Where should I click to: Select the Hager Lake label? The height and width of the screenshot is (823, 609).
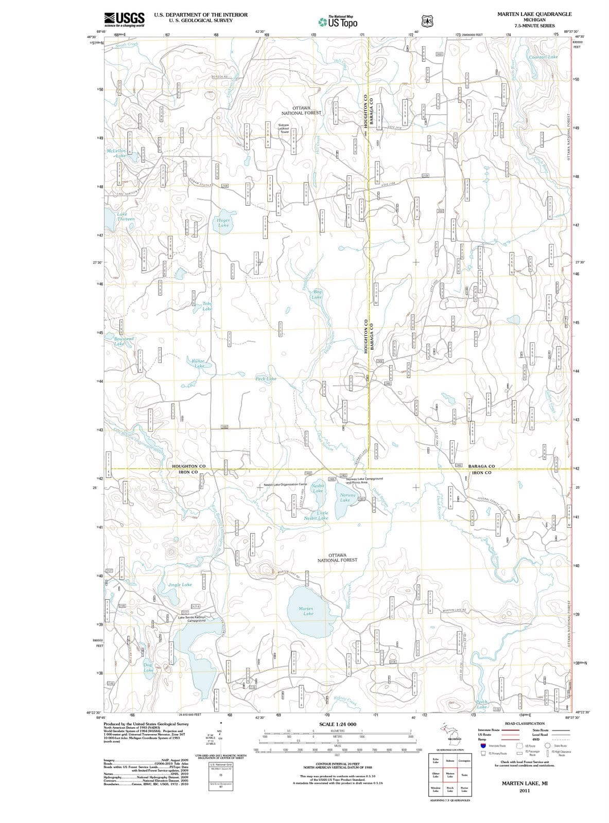[x=223, y=222]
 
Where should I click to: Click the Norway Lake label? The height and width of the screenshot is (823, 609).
[x=345, y=497]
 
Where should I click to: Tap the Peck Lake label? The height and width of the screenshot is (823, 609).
[x=266, y=379]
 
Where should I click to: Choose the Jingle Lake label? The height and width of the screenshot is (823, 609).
[x=180, y=585]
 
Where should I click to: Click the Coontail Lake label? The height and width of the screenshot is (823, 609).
[x=543, y=57]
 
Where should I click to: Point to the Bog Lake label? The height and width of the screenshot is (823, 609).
[x=317, y=294]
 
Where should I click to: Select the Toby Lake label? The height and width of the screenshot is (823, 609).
[x=207, y=307]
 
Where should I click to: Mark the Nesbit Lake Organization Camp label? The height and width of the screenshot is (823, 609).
[x=285, y=485]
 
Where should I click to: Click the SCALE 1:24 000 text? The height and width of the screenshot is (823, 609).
[x=338, y=724]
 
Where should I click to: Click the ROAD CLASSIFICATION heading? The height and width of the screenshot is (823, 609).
[x=525, y=723]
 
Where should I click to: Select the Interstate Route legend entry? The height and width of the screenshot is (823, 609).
[x=489, y=729]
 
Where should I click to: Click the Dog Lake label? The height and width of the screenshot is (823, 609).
[x=148, y=668]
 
